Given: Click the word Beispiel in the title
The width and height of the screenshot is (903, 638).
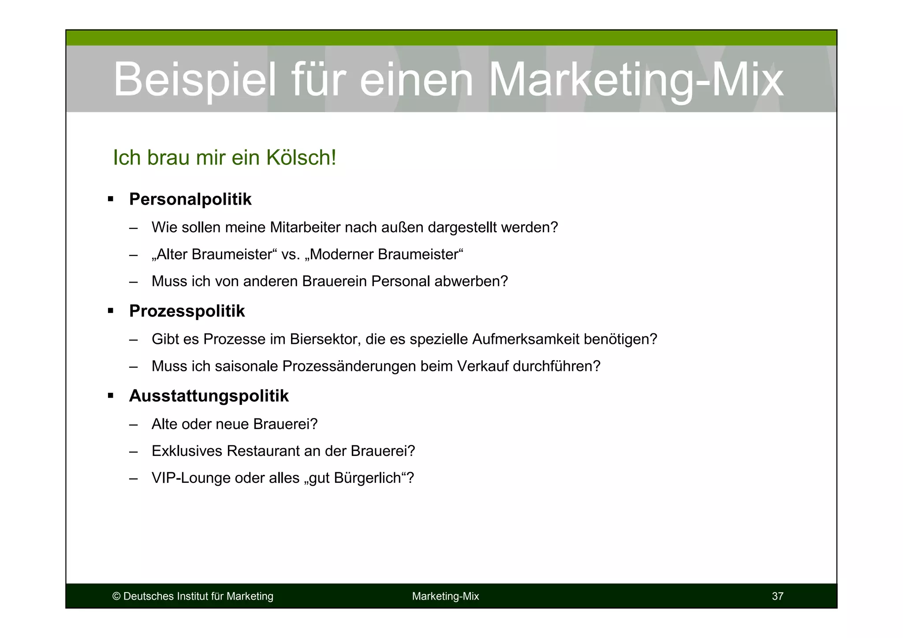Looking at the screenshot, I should click(x=194, y=80).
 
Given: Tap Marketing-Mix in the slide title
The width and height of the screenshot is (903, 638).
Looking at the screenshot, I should click(x=636, y=80).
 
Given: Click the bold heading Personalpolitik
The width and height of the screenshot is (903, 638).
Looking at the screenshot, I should click(x=190, y=199).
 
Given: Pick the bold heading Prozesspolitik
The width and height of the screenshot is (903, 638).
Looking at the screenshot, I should click(x=187, y=311).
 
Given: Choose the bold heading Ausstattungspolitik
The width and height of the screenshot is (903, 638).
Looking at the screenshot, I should click(x=209, y=396).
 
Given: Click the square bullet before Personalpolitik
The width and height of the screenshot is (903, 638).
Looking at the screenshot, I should click(x=110, y=199).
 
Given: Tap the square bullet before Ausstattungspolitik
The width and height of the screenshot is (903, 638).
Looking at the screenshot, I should click(x=110, y=396).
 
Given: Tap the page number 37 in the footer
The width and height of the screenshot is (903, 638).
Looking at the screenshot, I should click(x=777, y=597).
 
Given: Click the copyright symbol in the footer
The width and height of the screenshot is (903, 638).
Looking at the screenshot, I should click(x=116, y=597).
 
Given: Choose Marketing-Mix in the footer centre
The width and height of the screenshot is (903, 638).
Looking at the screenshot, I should click(x=445, y=597).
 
